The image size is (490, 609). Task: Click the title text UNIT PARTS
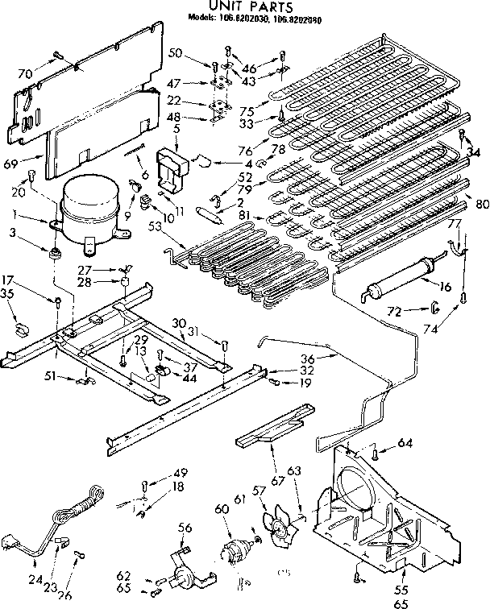pyautogui.click(x=243, y=6)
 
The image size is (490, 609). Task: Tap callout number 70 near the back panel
pyautogui.click(x=27, y=74)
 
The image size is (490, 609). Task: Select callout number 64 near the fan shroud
pyautogui.click(x=405, y=441)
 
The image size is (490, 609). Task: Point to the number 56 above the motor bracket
pyautogui.click(x=185, y=527)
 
